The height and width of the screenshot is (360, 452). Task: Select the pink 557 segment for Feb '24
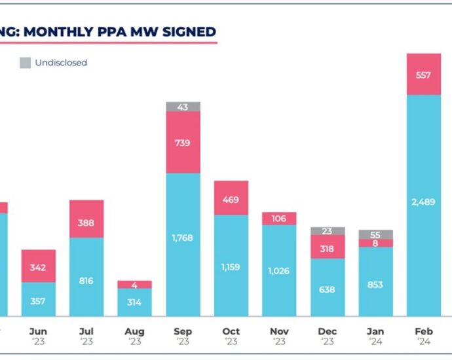pos(424,75)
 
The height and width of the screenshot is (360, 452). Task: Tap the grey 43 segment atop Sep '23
pos(183,107)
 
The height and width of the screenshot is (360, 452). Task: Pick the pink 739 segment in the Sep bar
pos(183,142)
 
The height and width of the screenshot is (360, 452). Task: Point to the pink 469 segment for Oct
pos(231,198)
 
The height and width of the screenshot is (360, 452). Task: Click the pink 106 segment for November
pos(279,219)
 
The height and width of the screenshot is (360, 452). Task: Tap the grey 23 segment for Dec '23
pos(328,231)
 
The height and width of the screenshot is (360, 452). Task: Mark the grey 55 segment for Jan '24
pos(376,234)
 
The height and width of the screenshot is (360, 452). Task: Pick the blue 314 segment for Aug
pos(135,302)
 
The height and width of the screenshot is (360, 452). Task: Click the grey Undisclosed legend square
pos(25,63)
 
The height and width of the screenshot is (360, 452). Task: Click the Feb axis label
pos(424,332)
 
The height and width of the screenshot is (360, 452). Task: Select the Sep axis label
pos(183,332)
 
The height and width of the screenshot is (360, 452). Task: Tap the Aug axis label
pos(135,332)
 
